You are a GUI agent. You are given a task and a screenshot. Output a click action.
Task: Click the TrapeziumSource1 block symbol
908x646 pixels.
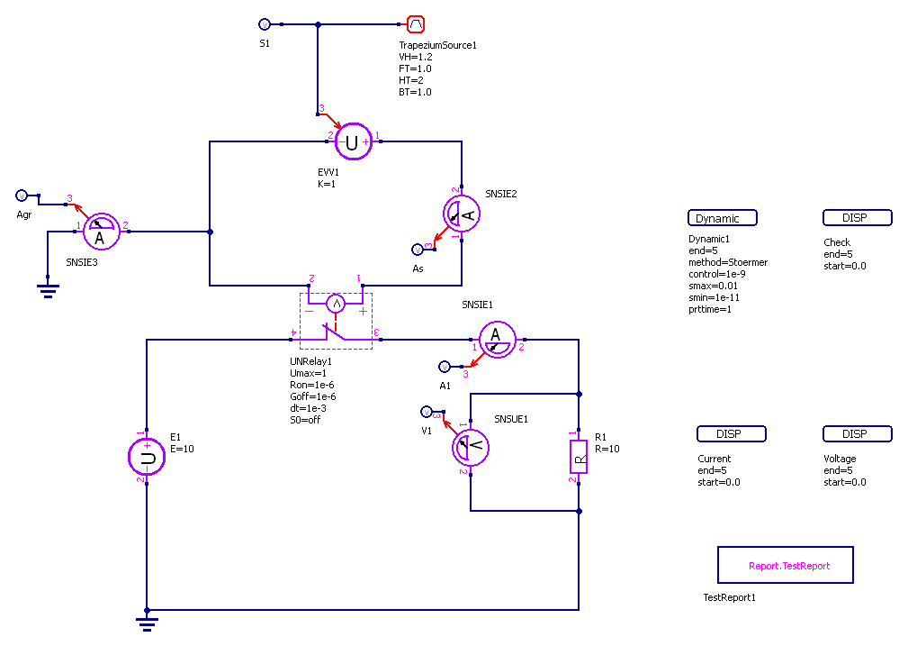coord(416,24)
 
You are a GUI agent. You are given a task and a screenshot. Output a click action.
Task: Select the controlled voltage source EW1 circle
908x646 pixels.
coord(353,141)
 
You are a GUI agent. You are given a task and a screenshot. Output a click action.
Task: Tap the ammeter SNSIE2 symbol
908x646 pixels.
coord(462,214)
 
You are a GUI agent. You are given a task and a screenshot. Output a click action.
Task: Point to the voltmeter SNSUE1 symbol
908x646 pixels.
coord(469,448)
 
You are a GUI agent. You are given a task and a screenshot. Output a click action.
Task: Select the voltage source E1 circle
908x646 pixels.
coord(147,457)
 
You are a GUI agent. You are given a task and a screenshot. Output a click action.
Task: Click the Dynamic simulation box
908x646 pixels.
coord(723,218)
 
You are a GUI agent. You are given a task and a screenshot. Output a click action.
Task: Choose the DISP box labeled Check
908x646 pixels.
coord(857,218)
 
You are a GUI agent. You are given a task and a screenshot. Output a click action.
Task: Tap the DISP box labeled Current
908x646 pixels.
coord(731,434)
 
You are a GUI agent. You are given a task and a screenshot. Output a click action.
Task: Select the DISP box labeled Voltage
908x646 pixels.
coord(857,434)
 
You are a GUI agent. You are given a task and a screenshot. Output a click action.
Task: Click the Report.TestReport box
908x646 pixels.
coord(785,565)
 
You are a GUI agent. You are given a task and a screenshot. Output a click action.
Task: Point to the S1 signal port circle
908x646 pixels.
coord(264,24)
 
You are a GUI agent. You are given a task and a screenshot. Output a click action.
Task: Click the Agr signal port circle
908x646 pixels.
coord(22,196)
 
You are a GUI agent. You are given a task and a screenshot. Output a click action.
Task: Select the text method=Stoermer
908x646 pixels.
coord(727,263)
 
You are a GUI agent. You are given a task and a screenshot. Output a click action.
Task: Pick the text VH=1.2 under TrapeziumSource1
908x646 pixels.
coord(415,57)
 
